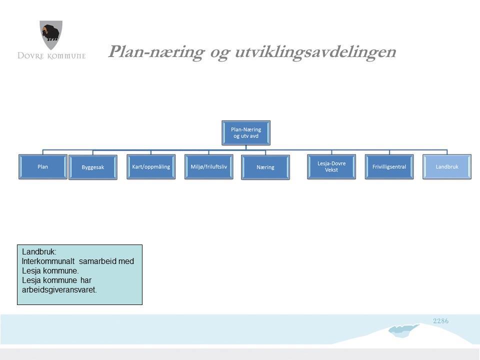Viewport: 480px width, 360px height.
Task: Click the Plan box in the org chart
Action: coord(43,167)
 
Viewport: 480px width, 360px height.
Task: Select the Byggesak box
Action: coord(93,167)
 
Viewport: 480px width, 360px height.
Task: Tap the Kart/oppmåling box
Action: coord(151,167)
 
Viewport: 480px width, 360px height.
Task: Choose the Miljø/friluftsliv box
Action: coord(209,167)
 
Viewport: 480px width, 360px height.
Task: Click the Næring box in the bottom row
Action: coord(265,167)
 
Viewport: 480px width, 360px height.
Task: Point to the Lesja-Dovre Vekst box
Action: coord(331,167)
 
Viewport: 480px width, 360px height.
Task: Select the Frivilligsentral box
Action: coord(389,167)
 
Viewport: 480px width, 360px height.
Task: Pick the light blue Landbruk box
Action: coord(447,167)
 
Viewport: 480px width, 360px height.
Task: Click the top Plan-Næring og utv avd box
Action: coord(246,133)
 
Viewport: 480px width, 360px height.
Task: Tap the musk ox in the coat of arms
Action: coord(51,32)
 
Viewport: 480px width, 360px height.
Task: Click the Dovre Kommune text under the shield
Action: coord(51,55)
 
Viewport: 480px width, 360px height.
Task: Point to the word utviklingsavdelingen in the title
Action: coord(315,51)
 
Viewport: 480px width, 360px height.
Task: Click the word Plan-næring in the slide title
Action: coord(156,51)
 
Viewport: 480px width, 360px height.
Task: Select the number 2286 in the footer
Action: coord(441,321)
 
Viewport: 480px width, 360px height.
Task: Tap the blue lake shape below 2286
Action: coord(403,330)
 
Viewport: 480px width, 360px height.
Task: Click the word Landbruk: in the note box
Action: coord(39,251)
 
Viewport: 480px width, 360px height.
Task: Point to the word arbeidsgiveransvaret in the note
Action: coord(59,289)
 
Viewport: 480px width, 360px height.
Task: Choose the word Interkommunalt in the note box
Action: coord(48,261)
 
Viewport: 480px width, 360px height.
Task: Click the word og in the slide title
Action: coord(219,52)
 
